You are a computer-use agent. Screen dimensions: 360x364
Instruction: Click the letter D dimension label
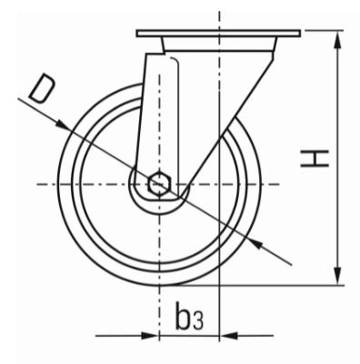(x=42, y=88)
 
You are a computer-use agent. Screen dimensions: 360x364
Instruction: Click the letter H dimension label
(x=315, y=158)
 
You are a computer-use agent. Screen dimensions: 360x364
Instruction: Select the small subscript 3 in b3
(x=198, y=322)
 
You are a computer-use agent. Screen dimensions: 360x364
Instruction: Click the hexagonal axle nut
(x=160, y=183)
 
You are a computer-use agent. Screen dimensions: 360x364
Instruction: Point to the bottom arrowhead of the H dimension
(x=337, y=275)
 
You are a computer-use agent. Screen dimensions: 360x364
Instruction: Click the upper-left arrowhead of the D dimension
(x=63, y=126)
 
